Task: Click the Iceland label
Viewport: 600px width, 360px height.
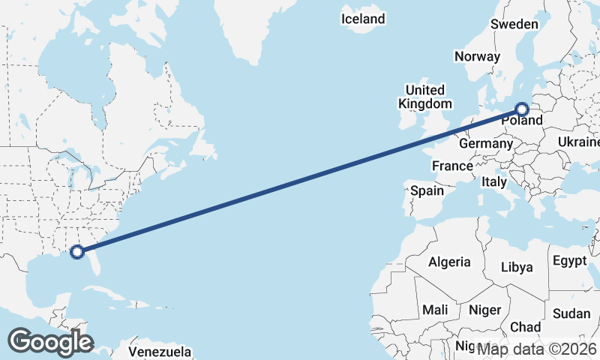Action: tap(363, 19)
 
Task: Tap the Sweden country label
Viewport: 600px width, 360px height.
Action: tap(514, 24)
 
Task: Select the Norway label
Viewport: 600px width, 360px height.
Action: tap(477, 56)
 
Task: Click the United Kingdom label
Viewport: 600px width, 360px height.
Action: tap(425, 97)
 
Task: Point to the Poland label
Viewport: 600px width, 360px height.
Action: tap(522, 120)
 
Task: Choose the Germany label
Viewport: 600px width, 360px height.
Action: tap(485, 143)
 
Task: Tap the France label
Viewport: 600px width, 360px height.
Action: tap(452, 166)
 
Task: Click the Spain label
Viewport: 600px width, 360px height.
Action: tap(427, 190)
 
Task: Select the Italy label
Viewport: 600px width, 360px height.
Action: tap(494, 181)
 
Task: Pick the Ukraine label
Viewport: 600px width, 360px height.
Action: tap(578, 142)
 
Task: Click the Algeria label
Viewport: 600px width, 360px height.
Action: tap(449, 262)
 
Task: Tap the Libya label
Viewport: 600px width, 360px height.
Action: tap(517, 267)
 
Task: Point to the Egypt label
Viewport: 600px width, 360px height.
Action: tap(569, 261)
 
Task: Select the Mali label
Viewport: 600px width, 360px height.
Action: tap(435, 310)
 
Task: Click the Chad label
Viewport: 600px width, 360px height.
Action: tap(525, 327)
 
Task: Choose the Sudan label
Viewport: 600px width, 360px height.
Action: tap(571, 313)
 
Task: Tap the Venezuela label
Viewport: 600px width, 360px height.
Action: tap(160, 352)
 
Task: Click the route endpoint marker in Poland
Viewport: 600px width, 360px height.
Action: tap(523, 109)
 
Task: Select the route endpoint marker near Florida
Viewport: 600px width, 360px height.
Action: tap(76, 252)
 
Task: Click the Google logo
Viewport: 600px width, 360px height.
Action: tap(50, 342)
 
